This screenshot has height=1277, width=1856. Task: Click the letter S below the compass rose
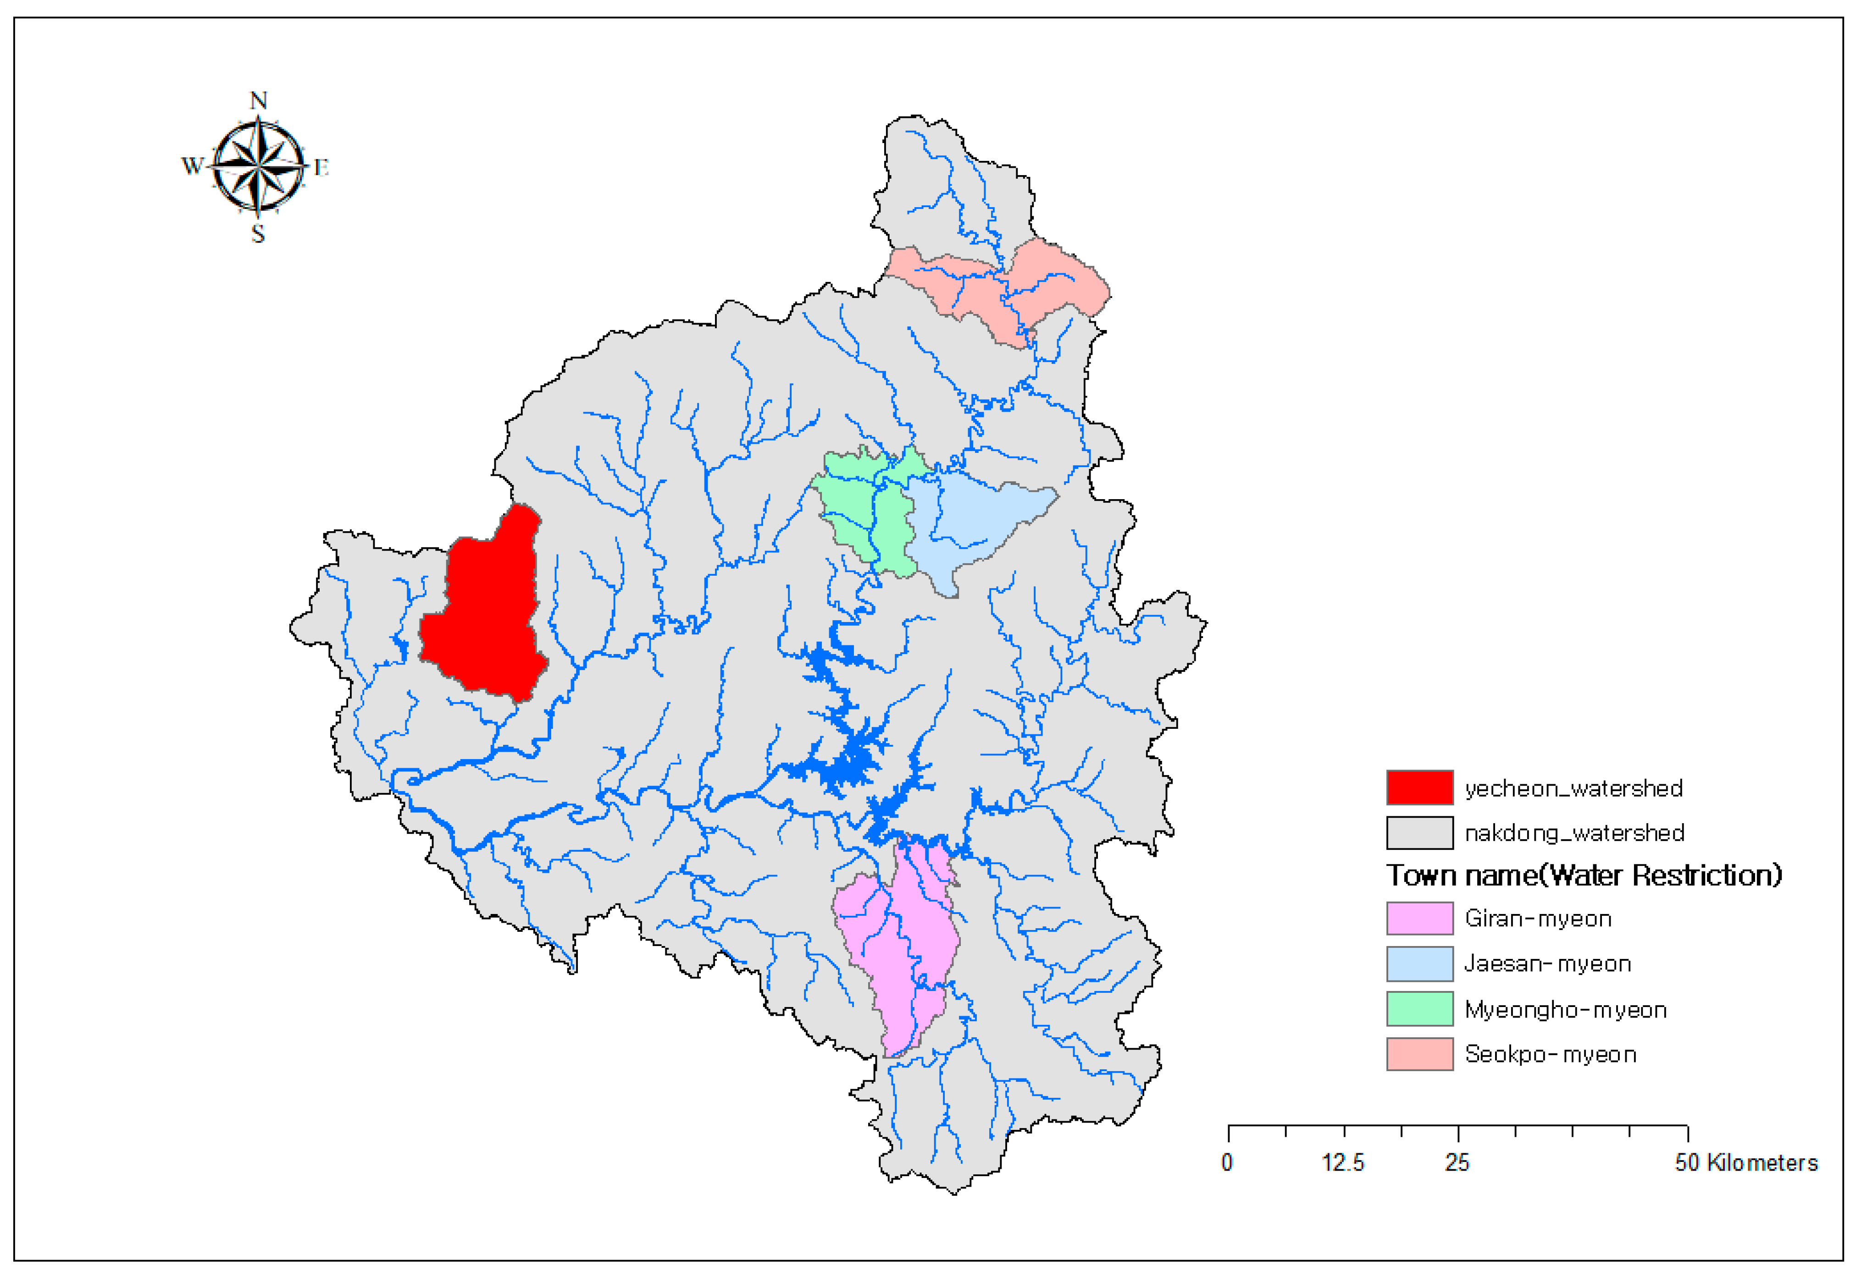(258, 234)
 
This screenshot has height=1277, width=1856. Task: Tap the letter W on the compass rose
(192, 165)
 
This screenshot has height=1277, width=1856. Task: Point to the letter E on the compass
(321, 167)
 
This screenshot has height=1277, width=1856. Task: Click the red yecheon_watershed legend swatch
(1419, 787)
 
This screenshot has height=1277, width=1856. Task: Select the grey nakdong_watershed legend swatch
(1419, 832)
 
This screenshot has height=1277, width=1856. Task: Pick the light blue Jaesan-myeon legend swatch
(1419, 963)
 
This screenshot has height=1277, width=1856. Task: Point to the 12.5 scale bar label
(1342, 1162)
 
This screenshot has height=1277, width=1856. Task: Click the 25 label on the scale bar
(1457, 1162)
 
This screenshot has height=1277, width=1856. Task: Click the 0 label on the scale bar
(1227, 1162)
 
